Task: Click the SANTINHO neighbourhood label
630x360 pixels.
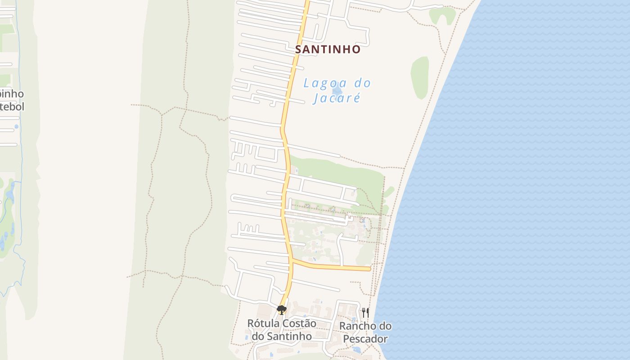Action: (x=328, y=49)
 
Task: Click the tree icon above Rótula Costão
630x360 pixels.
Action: (x=282, y=310)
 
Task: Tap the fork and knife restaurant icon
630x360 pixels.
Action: (x=365, y=312)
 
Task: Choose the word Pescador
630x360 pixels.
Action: (x=365, y=338)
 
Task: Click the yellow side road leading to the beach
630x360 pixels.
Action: (x=333, y=267)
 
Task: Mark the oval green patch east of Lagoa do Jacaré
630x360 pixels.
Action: (x=419, y=77)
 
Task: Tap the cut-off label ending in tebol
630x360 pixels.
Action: (x=12, y=107)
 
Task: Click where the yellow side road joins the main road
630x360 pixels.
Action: (x=292, y=260)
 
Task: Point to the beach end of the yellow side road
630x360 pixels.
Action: (x=369, y=269)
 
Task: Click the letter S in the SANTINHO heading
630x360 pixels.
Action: (x=298, y=49)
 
